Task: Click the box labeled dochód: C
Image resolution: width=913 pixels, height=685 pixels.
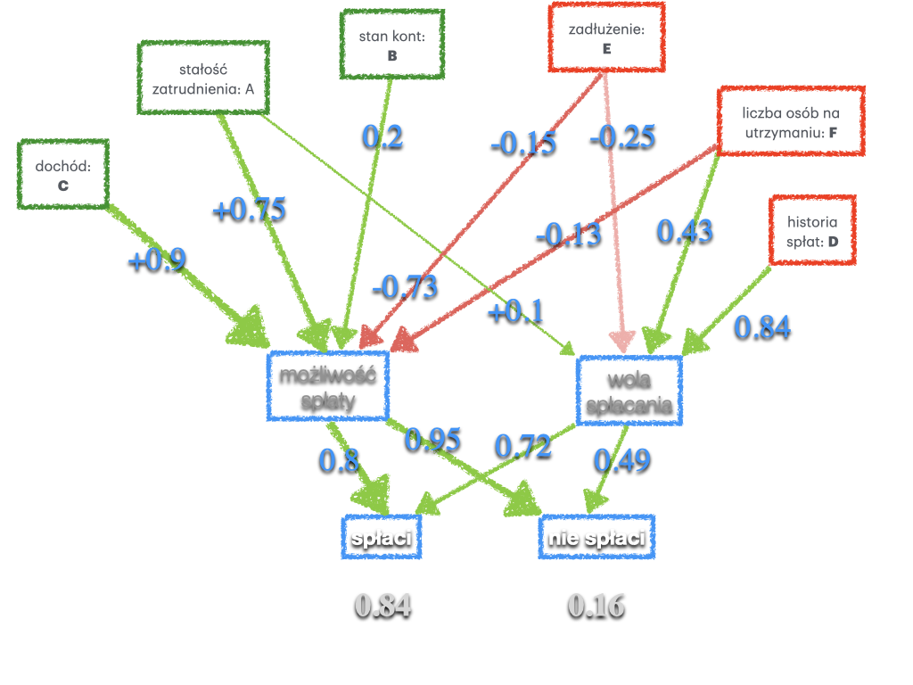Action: click(x=63, y=174)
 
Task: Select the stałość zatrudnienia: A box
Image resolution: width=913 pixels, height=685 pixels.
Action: click(x=202, y=78)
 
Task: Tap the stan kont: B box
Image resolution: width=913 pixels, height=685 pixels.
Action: click(x=391, y=45)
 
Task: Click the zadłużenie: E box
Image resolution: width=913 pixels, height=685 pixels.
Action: click(x=606, y=38)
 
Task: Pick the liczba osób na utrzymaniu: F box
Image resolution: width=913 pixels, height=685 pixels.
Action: click(x=790, y=122)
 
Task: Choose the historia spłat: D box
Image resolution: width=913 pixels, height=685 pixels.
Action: click(x=811, y=230)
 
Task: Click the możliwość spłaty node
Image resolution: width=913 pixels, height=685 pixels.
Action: click(x=328, y=386)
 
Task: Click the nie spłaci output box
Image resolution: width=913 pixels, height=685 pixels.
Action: click(x=596, y=538)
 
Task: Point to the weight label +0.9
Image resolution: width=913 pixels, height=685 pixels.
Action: click(x=157, y=260)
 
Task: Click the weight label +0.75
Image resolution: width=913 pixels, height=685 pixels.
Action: click(x=249, y=209)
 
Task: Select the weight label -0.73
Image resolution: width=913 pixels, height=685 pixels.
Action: click(x=405, y=286)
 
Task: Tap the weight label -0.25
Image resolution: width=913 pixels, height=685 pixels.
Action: click(x=621, y=136)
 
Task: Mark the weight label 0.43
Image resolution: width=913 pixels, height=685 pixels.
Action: click(x=685, y=230)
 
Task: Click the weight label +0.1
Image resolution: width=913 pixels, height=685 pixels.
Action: click(x=515, y=311)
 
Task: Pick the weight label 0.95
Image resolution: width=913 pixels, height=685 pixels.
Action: click(x=432, y=439)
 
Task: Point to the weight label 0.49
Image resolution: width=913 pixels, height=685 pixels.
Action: click(x=622, y=459)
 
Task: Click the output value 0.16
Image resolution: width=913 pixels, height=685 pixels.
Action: click(x=596, y=606)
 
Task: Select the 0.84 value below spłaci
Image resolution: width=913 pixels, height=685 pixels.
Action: click(x=382, y=606)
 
